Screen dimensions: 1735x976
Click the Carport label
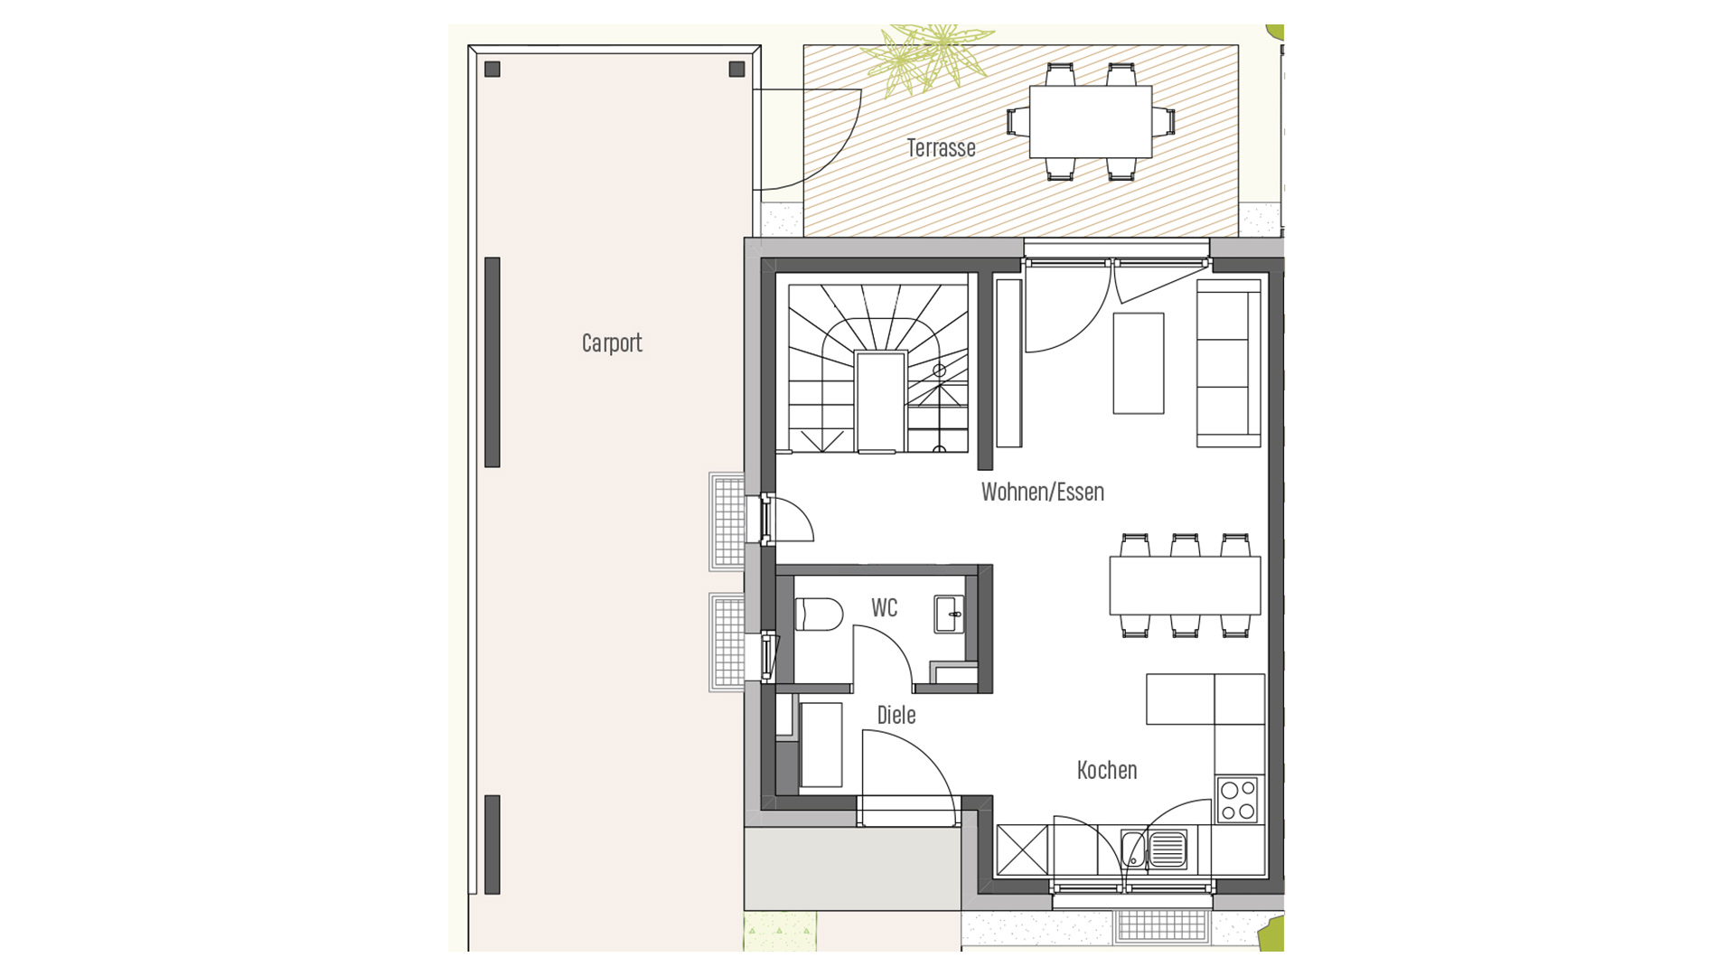pos(612,343)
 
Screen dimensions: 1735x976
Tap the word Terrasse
pos(941,148)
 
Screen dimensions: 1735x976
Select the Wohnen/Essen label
pos(1043,493)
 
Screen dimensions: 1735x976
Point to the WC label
pos(885,608)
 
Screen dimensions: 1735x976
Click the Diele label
pos(896,716)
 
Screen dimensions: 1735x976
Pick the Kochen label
pos(1107,771)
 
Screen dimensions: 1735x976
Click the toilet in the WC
pos(819,615)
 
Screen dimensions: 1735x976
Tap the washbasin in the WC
pos(949,615)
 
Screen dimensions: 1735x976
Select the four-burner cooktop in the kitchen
pos(1238,800)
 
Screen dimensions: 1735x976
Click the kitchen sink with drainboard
pos(1155,849)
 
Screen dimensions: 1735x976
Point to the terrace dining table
pos(1091,122)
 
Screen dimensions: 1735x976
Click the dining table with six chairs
pos(1185,586)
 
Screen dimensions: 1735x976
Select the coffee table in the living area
pos(1139,363)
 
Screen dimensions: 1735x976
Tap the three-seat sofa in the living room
pos(1228,363)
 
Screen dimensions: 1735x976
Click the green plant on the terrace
pos(922,56)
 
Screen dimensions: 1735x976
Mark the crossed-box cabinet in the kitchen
pos(1022,850)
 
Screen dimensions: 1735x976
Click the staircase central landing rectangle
pos(880,402)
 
